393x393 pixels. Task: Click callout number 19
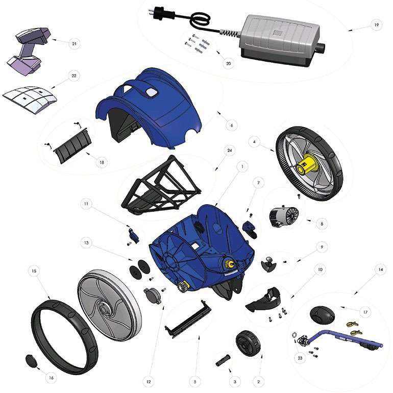pyautogui.click(x=376, y=25)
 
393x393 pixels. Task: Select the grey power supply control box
pyautogui.click(x=280, y=40)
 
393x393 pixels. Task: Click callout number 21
pyautogui.click(x=74, y=43)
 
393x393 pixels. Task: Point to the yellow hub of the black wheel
pyautogui.click(x=306, y=166)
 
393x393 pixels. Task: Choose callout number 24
pyautogui.click(x=230, y=151)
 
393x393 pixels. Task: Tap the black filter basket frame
pyautogui.click(x=160, y=185)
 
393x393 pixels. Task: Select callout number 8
pyautogui.click(x=322, y=224)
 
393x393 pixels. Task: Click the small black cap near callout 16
pyautogui.click(x=30, y=361)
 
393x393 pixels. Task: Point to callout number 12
pyautogui.click(x=149, y=381)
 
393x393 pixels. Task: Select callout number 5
pyautogui.click(x=195, y=382)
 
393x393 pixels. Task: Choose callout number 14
pyautogui.click(x=380, y=269)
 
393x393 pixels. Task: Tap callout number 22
pyautogui.click(x=73, y=76)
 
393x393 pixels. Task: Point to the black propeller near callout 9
pyautogui.click(x=268, y=264)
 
